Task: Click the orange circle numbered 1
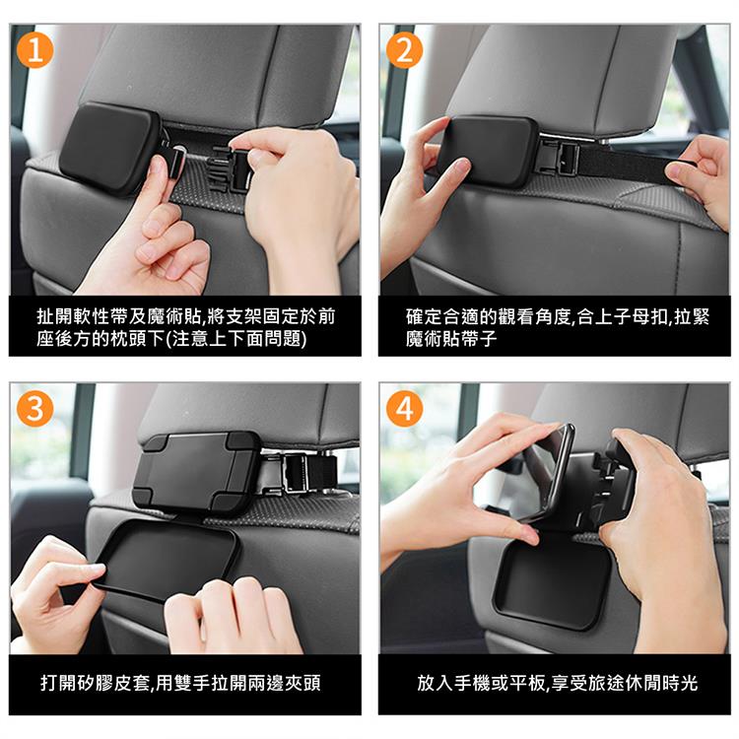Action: [34, 50]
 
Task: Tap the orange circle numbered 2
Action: [404, 50]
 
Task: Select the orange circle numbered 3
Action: [34, 408]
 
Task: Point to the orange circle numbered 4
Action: [404, 408]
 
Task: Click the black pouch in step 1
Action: [109, 147]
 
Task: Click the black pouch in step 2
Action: [489, 151]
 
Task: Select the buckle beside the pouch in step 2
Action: [561, 157]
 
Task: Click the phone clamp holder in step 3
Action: [196, 471]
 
